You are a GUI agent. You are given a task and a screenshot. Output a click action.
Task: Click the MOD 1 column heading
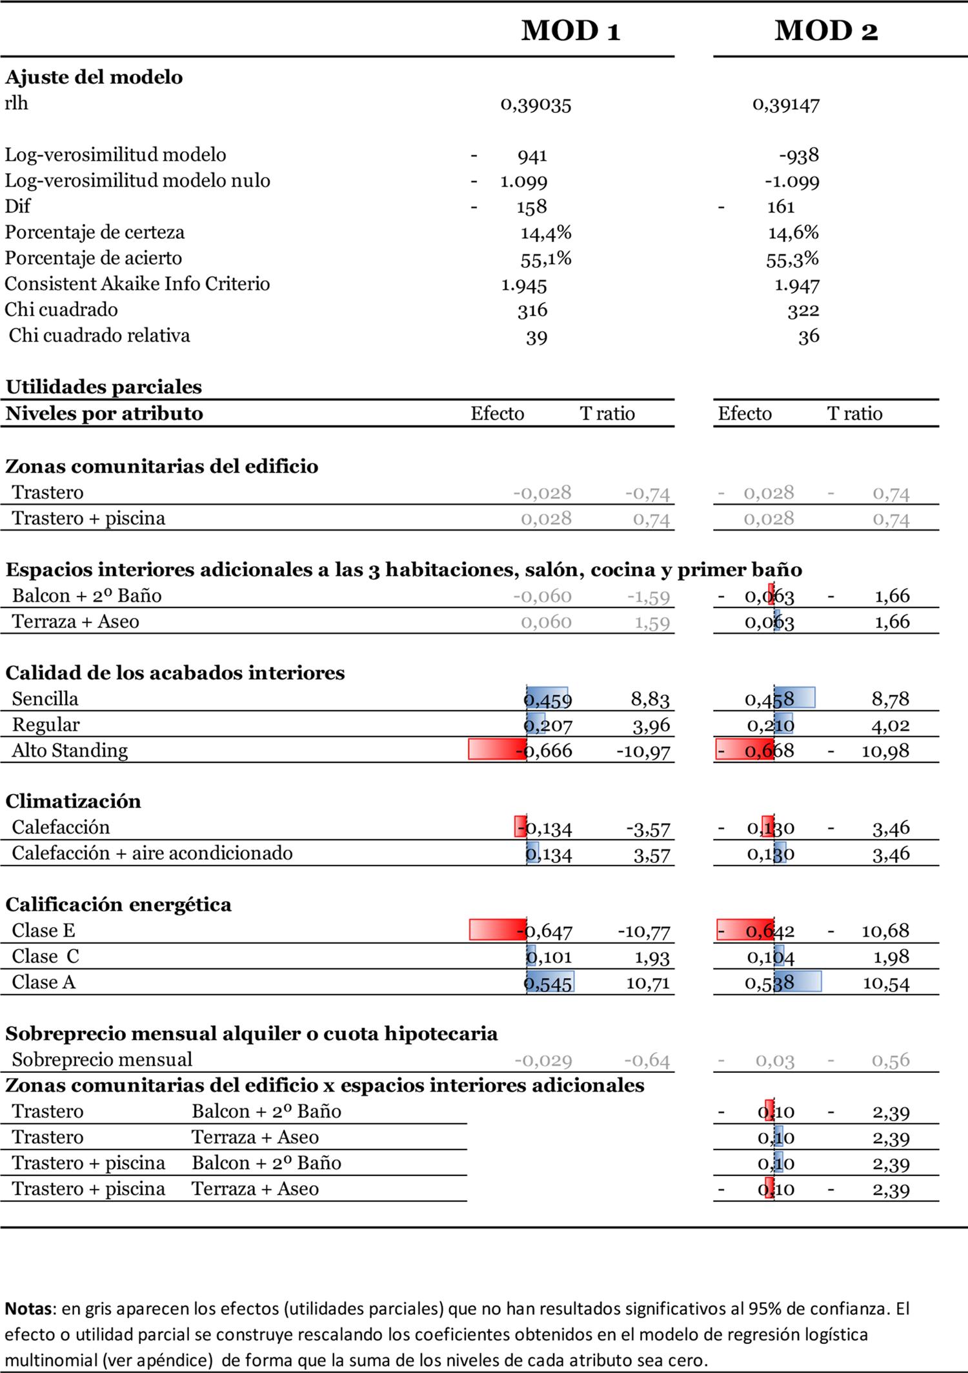[570, 30]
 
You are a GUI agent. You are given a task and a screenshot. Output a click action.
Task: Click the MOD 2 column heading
[826, 30]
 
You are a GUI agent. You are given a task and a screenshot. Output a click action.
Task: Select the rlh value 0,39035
[536, 105]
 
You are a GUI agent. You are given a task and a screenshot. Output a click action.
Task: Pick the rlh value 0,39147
[786, 105]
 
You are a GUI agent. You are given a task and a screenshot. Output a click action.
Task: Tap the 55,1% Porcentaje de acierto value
[546, 259]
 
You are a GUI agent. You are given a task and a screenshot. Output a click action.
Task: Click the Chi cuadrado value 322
[803, 310]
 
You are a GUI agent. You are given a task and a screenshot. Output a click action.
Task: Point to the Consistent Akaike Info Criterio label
[137, 284]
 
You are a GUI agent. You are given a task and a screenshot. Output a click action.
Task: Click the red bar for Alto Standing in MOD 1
[496, 749]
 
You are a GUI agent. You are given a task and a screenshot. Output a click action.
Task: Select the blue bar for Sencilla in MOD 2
[795, 698]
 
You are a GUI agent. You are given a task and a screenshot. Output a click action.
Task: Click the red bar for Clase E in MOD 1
[497, 930]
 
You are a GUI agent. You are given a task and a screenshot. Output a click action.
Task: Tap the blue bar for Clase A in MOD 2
[798, 981]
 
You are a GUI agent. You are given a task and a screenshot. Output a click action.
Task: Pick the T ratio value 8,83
[650, 699]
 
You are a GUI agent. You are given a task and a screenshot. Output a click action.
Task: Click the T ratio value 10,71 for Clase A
[648, 983]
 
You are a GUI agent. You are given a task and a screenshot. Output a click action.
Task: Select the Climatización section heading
[73, 801]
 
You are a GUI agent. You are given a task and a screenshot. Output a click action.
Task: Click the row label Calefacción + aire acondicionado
[152, 853]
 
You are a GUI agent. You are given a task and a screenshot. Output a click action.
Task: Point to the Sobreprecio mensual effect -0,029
[543, 1060]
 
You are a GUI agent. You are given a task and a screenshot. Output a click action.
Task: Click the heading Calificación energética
[118, 904]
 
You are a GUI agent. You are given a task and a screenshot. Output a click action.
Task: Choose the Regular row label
[45, 724]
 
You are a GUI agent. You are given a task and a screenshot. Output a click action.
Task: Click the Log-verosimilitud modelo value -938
[799, 156]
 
